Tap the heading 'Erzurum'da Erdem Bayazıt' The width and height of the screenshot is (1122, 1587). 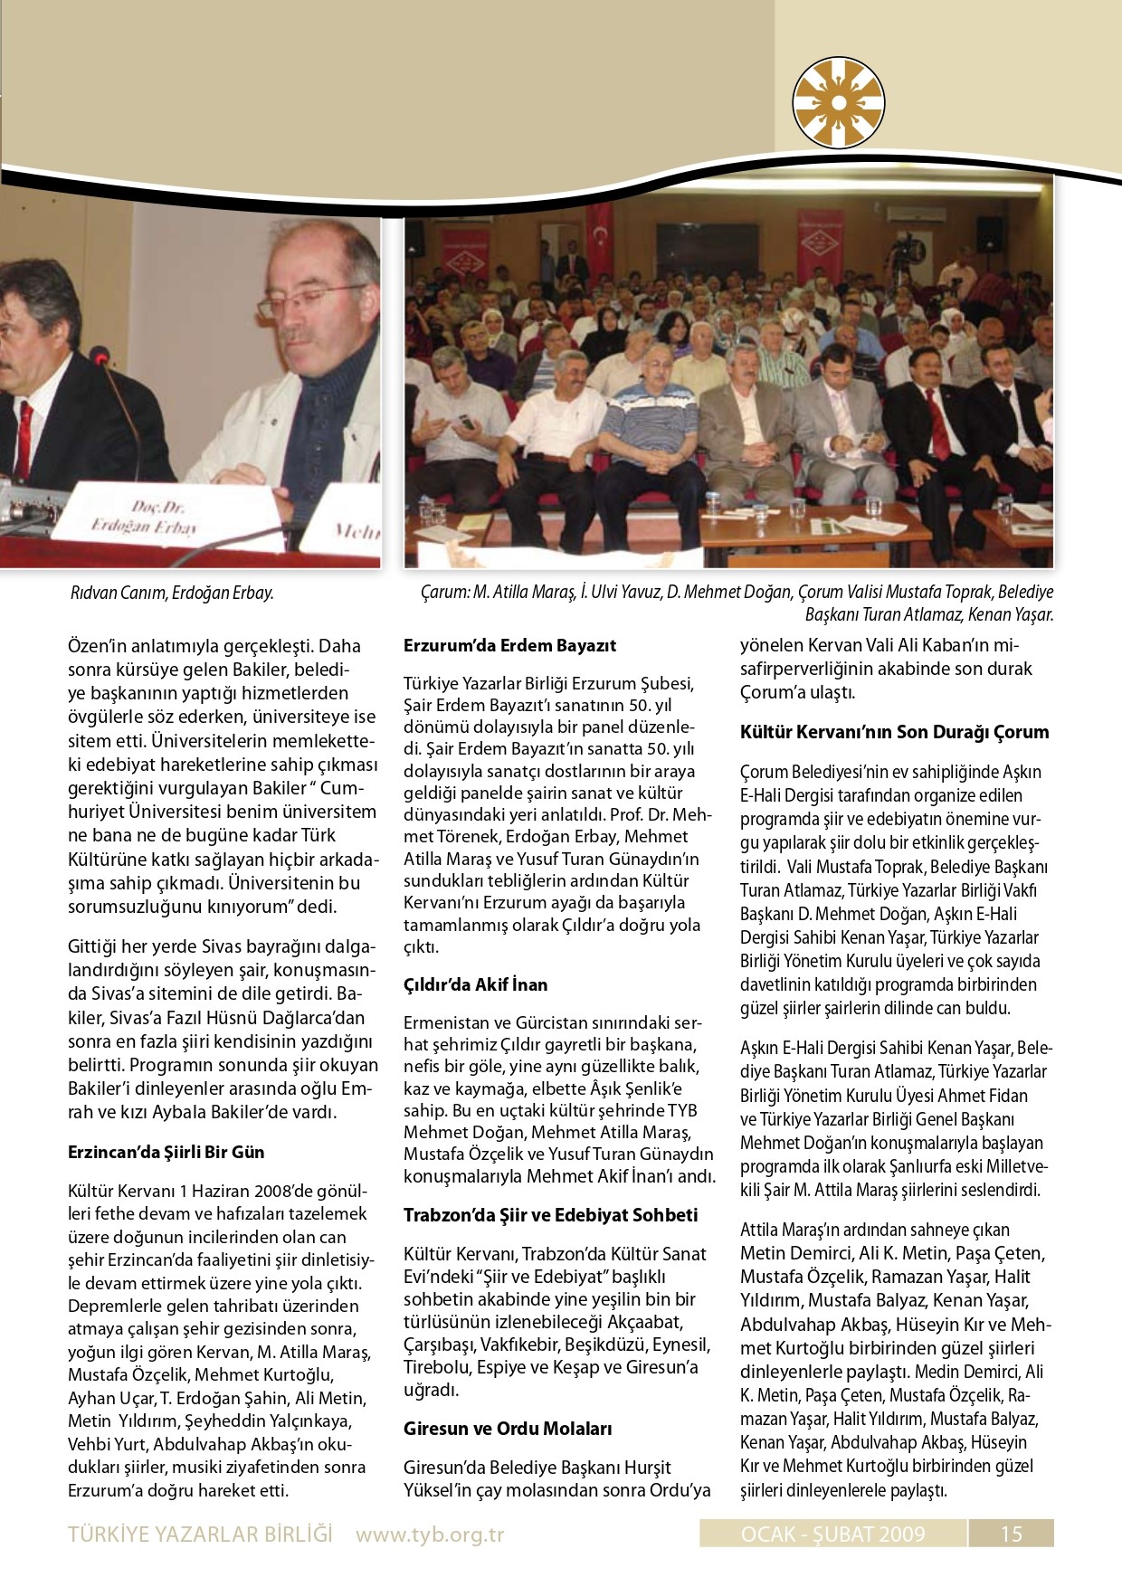click(509, 646)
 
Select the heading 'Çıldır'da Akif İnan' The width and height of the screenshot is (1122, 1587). click(475, 984)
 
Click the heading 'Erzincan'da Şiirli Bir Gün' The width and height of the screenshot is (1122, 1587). click(166, 1153)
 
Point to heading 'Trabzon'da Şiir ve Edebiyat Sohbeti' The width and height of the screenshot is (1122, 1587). click(550, 1215)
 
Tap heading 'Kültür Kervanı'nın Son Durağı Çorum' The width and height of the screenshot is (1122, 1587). click(894, 732)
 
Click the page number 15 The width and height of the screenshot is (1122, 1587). click(1011, 1534)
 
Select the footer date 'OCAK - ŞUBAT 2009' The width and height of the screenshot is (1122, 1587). click(832, 1534)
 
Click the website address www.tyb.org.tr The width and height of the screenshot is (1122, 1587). click(430, 1535)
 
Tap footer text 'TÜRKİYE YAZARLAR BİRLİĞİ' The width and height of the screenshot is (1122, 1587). click(200, 1535)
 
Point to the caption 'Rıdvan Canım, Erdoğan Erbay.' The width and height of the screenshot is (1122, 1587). click(172, 594)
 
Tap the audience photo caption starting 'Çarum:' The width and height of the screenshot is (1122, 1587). click(737, 603)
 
